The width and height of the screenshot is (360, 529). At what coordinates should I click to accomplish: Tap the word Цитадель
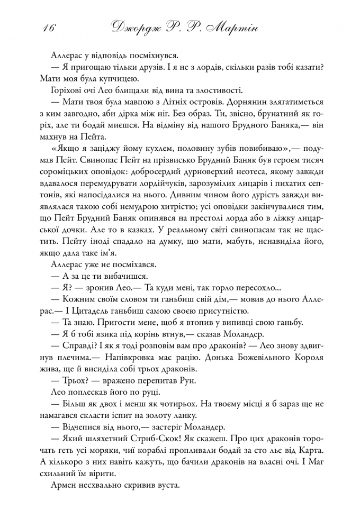tap(93, 310)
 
